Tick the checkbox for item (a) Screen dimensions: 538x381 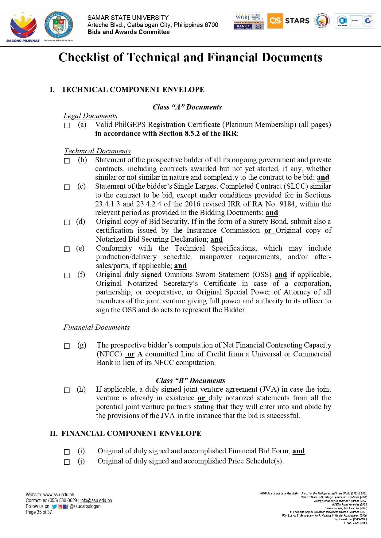coord(67,125)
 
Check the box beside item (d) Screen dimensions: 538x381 coord(67,222)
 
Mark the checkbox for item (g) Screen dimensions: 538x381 coord(67,346)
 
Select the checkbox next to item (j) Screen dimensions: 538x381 coord(67,462)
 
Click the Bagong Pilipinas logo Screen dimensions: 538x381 coord(23,27)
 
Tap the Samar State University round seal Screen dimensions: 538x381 coord(59,25)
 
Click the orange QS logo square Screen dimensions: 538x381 coord(275,21)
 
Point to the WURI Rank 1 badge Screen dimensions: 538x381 coord(249,21)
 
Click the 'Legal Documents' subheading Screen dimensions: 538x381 coord(90,116)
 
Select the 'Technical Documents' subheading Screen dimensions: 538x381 coord(97,151)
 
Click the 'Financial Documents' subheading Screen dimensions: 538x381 coord(96,328)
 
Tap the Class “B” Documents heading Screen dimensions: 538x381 coord(190,381)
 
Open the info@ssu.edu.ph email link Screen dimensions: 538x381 coord(96,501)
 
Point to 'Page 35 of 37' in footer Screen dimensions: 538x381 coord(39,512)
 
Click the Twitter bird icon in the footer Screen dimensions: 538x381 coord(54,506)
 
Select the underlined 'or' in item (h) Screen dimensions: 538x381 coord(201,398)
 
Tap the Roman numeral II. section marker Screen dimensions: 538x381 coord(53,433)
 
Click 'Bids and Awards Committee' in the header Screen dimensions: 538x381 coord(128,32)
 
